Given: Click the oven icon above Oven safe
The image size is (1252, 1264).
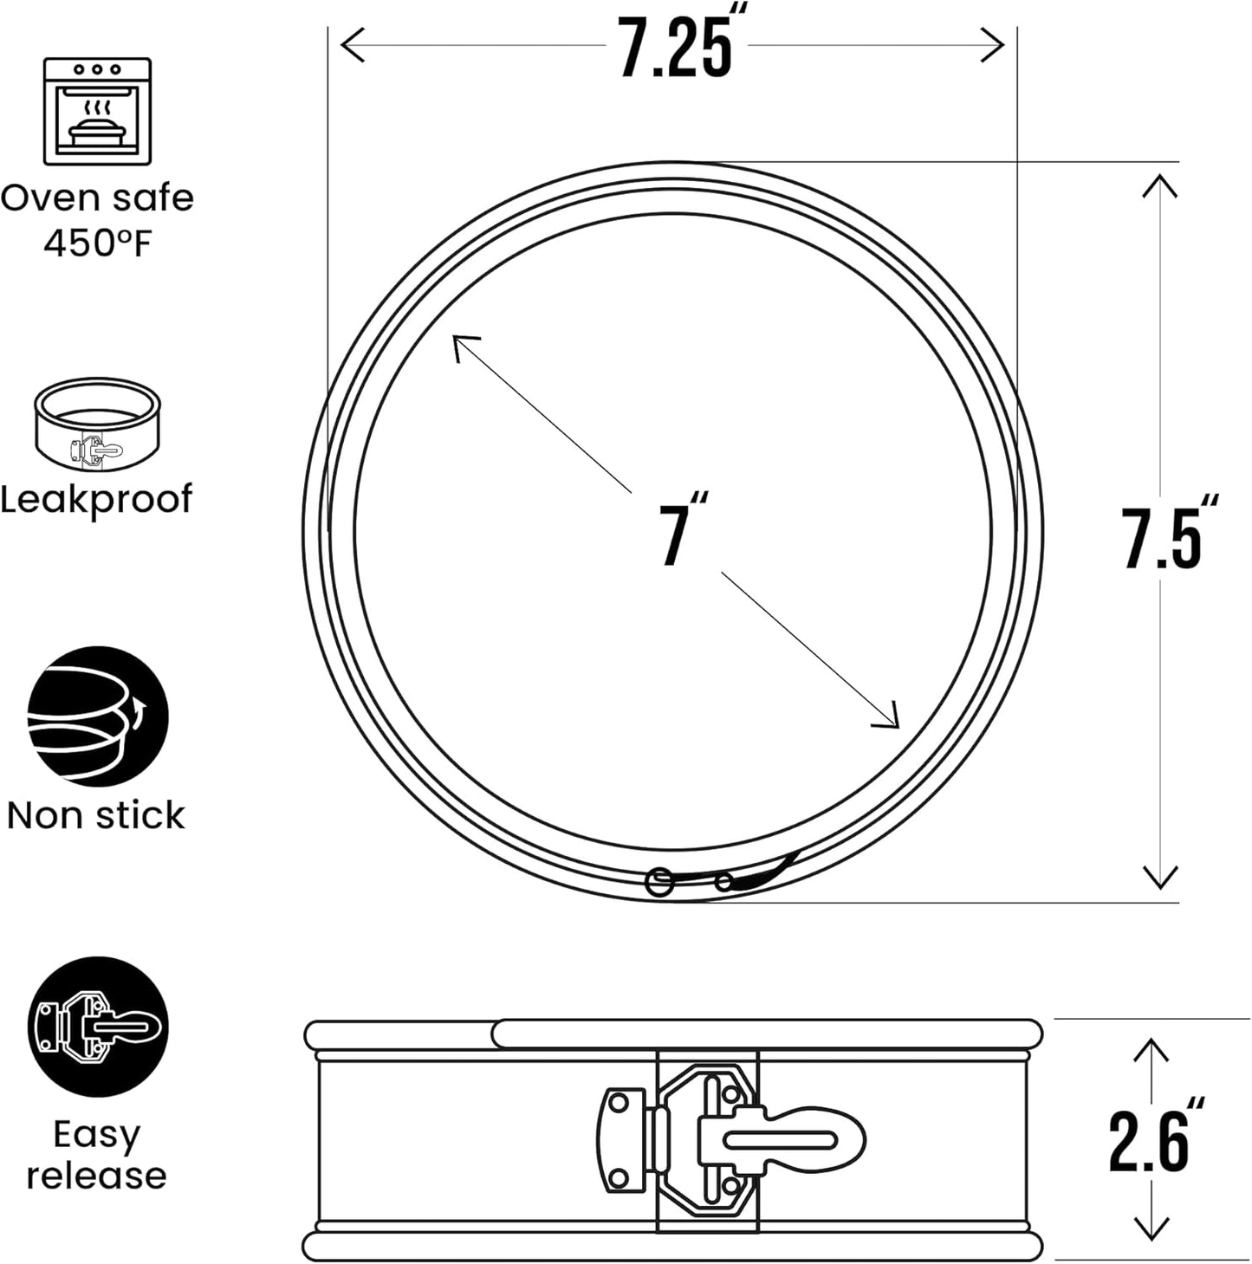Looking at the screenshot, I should click(97, 111).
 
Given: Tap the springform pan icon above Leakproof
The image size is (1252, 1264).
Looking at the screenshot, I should click(97, 425).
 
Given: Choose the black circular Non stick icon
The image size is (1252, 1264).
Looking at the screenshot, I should click(98, 716).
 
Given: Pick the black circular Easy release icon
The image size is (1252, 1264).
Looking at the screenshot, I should click(98, 1027).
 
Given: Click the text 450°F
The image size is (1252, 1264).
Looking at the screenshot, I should click(97, 243).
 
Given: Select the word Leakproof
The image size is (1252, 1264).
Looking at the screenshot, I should click(96, 499).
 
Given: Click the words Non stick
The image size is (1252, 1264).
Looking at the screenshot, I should click(96, 815).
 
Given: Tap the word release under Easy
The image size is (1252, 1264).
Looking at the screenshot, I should click(96, 1176).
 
